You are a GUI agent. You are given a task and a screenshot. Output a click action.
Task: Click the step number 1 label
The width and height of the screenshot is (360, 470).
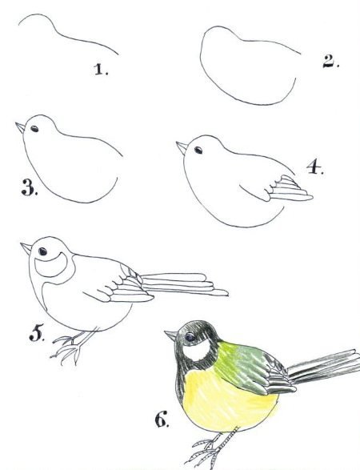click(x=102, y=69)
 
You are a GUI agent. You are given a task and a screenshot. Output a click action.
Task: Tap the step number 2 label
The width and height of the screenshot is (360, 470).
click(x=330, y=62)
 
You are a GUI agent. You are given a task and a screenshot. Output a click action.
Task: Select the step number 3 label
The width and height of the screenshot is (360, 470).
click(x=30, y=187)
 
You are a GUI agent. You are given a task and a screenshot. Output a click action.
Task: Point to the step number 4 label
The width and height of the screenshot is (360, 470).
click(x=315, y=167)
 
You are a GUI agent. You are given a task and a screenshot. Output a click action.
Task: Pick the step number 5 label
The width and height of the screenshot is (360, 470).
click(x=37, y=333)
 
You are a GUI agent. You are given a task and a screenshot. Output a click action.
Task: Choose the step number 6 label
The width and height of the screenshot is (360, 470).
click(x=162, y=419)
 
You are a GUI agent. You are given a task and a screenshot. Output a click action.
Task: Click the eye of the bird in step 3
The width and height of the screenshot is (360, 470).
click(x=34, y=129)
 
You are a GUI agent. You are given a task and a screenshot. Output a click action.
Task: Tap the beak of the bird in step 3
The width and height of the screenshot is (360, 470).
click(x=21, y=127)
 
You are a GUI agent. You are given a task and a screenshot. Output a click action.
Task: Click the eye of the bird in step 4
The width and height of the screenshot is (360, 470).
click(x=198, y=150)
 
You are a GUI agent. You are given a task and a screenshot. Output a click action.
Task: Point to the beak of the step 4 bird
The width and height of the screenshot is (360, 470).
click(x=182, y=148)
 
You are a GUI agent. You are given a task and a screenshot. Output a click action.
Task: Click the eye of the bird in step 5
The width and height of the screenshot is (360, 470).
click(x=42, y=251)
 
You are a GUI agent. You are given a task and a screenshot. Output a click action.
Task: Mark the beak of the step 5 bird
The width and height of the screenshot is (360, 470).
click(x=26, y=248)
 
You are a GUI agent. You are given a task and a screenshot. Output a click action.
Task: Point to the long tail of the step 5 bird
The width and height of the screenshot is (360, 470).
click(x=184, y=283)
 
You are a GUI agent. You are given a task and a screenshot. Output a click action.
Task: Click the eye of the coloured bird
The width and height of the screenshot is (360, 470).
click(x=190, y=337)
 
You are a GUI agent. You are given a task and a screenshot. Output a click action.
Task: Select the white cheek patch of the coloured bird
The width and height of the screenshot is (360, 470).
click(x=198, y=350)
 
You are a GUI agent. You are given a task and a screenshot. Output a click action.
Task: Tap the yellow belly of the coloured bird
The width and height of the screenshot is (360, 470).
click(x=228, y=402)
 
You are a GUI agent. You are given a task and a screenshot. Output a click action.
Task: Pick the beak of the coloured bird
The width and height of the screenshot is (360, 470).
click(x=170, y=335)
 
